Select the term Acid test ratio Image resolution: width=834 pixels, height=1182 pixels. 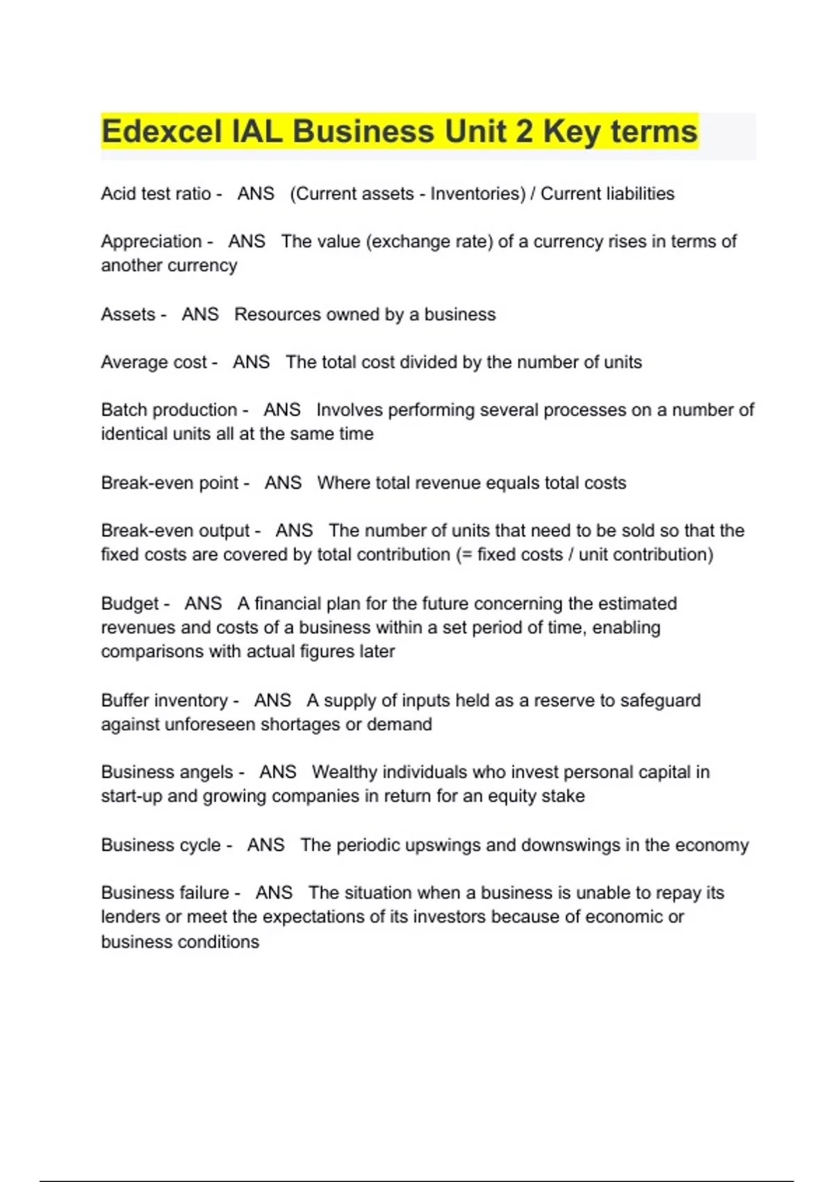[156, 193]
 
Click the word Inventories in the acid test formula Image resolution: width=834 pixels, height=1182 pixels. [477, 193]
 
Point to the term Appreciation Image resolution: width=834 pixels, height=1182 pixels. [151, 241]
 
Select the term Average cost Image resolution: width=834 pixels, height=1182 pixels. [154, 362]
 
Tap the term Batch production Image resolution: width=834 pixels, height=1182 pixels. [169, 410]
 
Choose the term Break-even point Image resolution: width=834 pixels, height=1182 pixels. [170, 483]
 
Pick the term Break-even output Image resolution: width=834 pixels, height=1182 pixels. [175, 531]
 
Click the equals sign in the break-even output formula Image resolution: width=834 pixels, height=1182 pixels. [466, 555]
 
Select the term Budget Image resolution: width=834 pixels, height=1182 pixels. [130, 604]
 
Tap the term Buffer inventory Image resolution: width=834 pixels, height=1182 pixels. [164, 700]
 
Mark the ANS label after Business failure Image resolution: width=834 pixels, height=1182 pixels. [274, 893]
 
